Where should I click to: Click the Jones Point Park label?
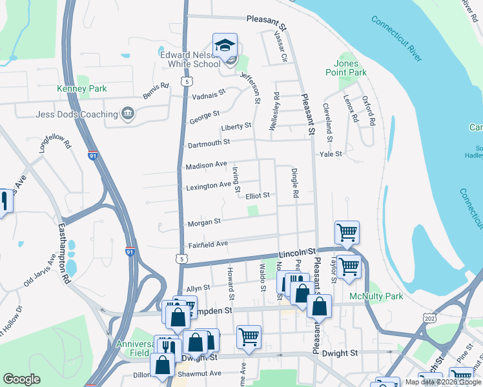point(350,68)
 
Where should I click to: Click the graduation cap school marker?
point(225,45)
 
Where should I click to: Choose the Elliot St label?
point(257,195)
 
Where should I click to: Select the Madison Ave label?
point(206,166)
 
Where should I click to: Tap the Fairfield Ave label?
point(209,244)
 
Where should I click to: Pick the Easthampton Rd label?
point(65,253)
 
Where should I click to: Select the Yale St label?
point(330,154)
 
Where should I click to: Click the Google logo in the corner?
point(21,379)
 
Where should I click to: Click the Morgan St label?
point(203,223)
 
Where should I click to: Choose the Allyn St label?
point(198,288)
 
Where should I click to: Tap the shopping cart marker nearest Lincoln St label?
point(347,233)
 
